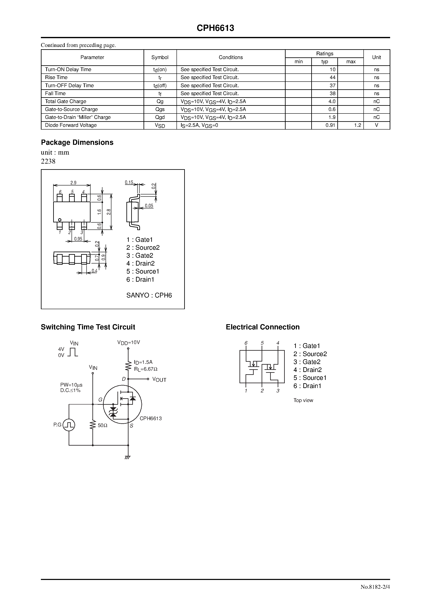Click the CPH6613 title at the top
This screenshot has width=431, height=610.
click(x=215, y=28)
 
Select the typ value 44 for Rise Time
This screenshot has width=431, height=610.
click(x=332, y=78)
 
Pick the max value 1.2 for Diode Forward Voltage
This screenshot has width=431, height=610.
click(x=357, y=125)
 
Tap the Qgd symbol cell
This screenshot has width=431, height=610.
click(x=160, y=117)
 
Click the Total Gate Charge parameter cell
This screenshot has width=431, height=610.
click(x=66, y=101)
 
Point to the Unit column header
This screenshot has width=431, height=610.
click(x=376, y=57)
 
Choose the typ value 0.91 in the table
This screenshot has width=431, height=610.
click(x=330, y=125)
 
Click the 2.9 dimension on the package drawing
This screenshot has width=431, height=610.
click(x=73, y=183)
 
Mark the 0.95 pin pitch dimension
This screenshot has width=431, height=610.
click(x=78, y=239)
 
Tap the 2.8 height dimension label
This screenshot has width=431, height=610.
click(x=109, y=212)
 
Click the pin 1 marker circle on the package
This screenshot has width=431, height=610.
click(x=60, y=220)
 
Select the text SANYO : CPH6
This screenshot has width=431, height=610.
click(x=149, y=295)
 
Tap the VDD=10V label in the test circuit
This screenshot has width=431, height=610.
click(x=129, y=343)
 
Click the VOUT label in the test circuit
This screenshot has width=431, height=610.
click(x=159, y=380)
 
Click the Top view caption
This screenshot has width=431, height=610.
click(x=303, y=400)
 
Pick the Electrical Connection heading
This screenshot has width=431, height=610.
click(x=262, y=327)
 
